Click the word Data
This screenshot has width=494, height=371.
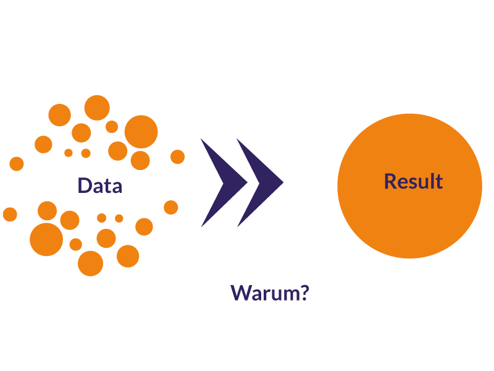click(99, 185)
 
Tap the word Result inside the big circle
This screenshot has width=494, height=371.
click(413, 181)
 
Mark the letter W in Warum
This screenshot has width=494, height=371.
click(240, 292)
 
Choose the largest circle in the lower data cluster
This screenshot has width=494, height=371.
click(46, 239)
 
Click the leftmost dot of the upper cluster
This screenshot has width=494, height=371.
click(17, 164)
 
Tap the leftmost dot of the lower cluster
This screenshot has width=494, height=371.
click(10, 214)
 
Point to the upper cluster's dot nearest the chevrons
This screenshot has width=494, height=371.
click(177, 157)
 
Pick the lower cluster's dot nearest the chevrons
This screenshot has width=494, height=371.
click(171, 207)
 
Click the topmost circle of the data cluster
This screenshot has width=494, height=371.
click(97, 108)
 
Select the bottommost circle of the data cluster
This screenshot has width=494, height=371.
click(91, 263)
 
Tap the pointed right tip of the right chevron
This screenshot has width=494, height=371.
click(282, 182)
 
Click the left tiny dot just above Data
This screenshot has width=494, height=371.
click(69, 153)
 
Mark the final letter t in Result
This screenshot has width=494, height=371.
click(438, 181)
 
